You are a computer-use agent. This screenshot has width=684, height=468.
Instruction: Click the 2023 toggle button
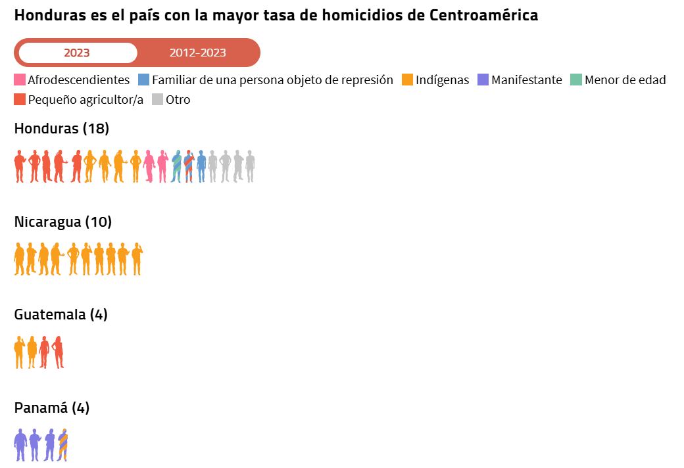coord(77,53)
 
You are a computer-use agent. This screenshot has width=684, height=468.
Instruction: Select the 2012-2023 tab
coord(197,53)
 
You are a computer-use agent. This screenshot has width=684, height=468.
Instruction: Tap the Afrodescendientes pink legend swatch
coord(20,80)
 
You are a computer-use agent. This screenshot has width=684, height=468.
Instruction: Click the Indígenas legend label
coord(442,80)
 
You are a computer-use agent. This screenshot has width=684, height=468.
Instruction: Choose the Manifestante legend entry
coord(526,80)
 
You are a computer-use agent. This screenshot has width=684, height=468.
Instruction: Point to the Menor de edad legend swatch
coord(577,80)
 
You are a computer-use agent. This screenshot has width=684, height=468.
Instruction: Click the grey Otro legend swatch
coord(158,100)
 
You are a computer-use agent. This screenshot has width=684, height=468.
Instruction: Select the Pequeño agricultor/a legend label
coord(85,100)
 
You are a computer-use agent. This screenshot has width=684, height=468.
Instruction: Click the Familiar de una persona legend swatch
coord(144,80)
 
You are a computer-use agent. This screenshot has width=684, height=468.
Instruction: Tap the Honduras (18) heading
coord(62,129)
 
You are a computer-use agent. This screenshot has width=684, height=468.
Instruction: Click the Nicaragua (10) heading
coord(63,222)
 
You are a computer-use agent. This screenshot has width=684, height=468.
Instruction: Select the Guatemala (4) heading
coord(61,315)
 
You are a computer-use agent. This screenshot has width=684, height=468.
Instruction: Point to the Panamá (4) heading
coord(51,408)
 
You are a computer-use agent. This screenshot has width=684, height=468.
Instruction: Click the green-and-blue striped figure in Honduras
coord(176,166)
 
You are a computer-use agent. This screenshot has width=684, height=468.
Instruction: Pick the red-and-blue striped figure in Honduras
coord(189,166)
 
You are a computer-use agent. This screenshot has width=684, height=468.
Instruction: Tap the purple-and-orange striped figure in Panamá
coord(63,445)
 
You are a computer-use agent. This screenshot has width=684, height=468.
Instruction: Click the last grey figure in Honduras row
coord(250,166)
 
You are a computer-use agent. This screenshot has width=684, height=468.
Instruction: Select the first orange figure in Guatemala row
coord(19,352)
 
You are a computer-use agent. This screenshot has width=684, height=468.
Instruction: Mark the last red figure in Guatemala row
coord(59,352)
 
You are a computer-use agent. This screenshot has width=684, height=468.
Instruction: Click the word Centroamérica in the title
coord(483,15)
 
